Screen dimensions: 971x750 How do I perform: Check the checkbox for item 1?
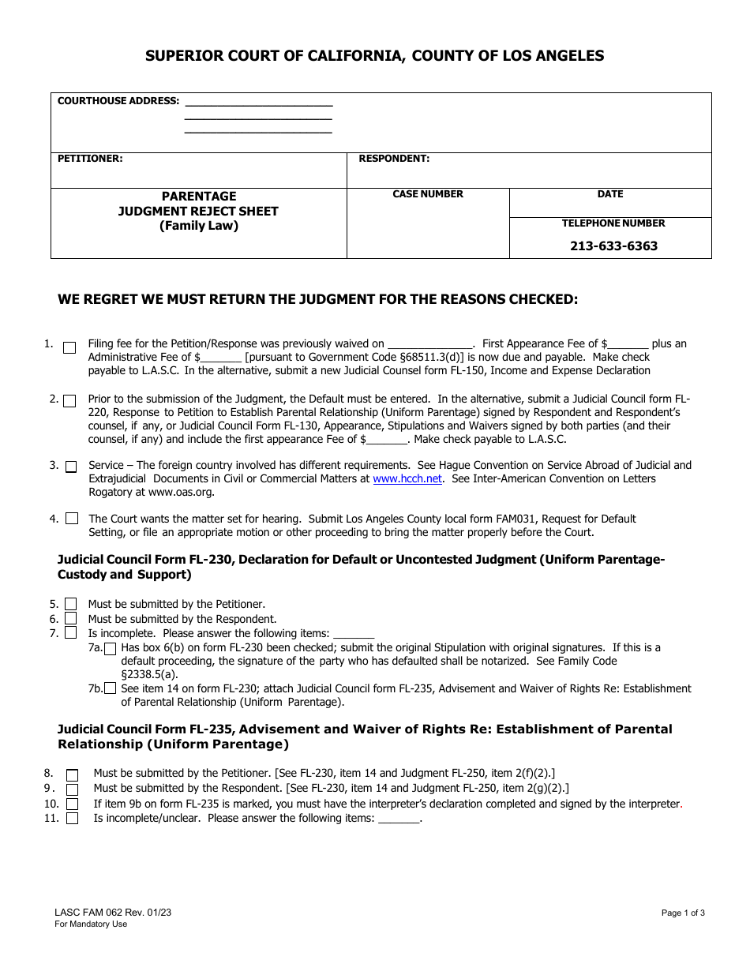click(69, 347)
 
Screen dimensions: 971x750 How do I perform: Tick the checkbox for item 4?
click(72, 519)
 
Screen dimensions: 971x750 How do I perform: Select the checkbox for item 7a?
click(111, 649)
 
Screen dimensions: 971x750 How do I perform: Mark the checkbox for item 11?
click(72, 819)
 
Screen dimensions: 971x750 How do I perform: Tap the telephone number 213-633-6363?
click(613, 246)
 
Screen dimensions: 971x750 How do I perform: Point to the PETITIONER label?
click(90, 159)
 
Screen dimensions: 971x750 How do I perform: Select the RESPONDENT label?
click(394, 159)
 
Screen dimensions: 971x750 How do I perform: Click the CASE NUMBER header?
click(428, 194)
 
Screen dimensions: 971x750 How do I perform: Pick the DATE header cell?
click(610, 194)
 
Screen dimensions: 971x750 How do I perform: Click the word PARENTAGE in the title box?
click(199, 196)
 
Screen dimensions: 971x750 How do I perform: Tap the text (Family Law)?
click(199, 226)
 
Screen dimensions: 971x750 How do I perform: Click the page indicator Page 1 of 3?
click(683, 913)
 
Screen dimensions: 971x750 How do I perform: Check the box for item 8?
click(72, 775)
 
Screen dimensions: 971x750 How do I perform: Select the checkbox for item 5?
click(70, 605)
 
